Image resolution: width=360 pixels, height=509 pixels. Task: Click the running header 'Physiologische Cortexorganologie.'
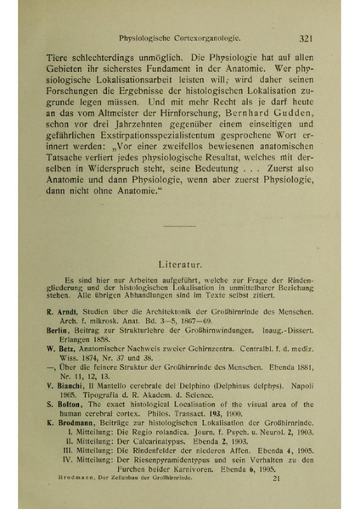click(180, 37)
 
